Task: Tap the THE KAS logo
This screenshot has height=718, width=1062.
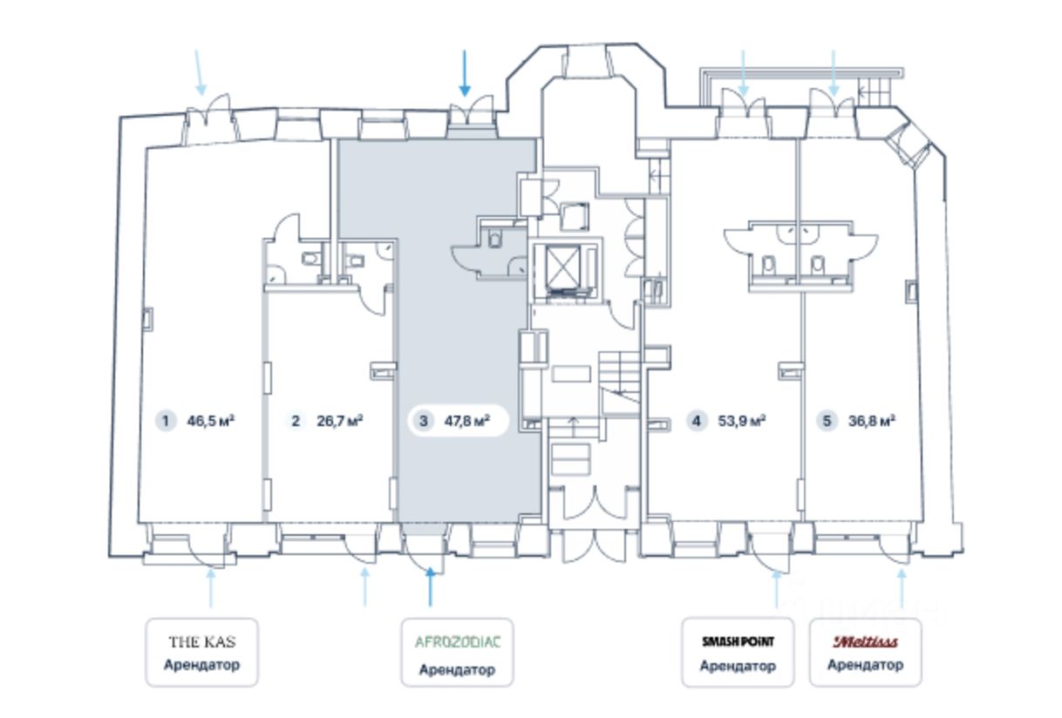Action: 201,642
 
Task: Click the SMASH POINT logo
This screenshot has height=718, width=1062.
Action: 738,642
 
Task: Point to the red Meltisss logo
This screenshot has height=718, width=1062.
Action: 865,642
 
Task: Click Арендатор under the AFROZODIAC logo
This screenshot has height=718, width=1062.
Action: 457,670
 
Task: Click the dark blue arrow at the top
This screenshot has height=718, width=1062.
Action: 465,73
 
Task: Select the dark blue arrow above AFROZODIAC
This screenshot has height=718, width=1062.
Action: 429,586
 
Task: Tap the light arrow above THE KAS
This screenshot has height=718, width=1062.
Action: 210,587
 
